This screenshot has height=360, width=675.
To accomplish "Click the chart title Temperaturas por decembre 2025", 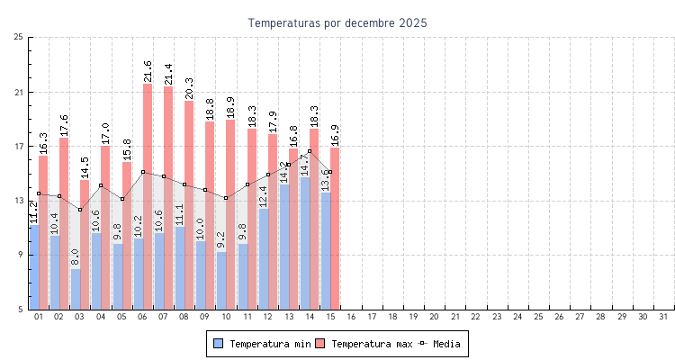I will (337, 22).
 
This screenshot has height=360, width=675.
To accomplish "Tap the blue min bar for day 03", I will (76, 290).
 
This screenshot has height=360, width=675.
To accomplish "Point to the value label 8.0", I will (76, 257).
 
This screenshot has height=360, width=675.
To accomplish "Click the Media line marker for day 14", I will (310, 151).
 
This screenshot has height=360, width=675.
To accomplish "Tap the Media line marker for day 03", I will (80, 210).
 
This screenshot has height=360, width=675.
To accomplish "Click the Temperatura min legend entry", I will (256, 344).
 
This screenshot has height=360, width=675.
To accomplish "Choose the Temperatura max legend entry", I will (364, 344).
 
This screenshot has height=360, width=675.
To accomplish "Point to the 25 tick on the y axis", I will (19, 37).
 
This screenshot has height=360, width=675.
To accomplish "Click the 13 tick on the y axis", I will (19, 201).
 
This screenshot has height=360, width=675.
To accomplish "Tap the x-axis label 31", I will (664, 317).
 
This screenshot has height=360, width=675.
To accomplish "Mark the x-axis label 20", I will (435, 317).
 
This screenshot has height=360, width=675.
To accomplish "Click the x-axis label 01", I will (38, 317).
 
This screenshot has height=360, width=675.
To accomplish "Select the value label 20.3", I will (189, 87).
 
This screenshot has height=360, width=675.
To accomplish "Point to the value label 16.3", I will (43, 142).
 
